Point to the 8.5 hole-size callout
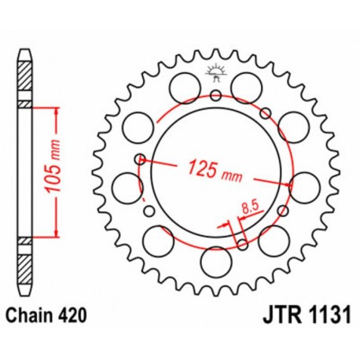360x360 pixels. pyautogui.click(x=250, y=208)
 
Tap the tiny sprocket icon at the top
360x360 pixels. pyautogui.click(x=215, y=73)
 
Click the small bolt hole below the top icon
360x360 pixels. pyautogui.click(x=215, y=96)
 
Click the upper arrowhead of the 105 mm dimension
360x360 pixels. pyautogui.click(x=57, y=108)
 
